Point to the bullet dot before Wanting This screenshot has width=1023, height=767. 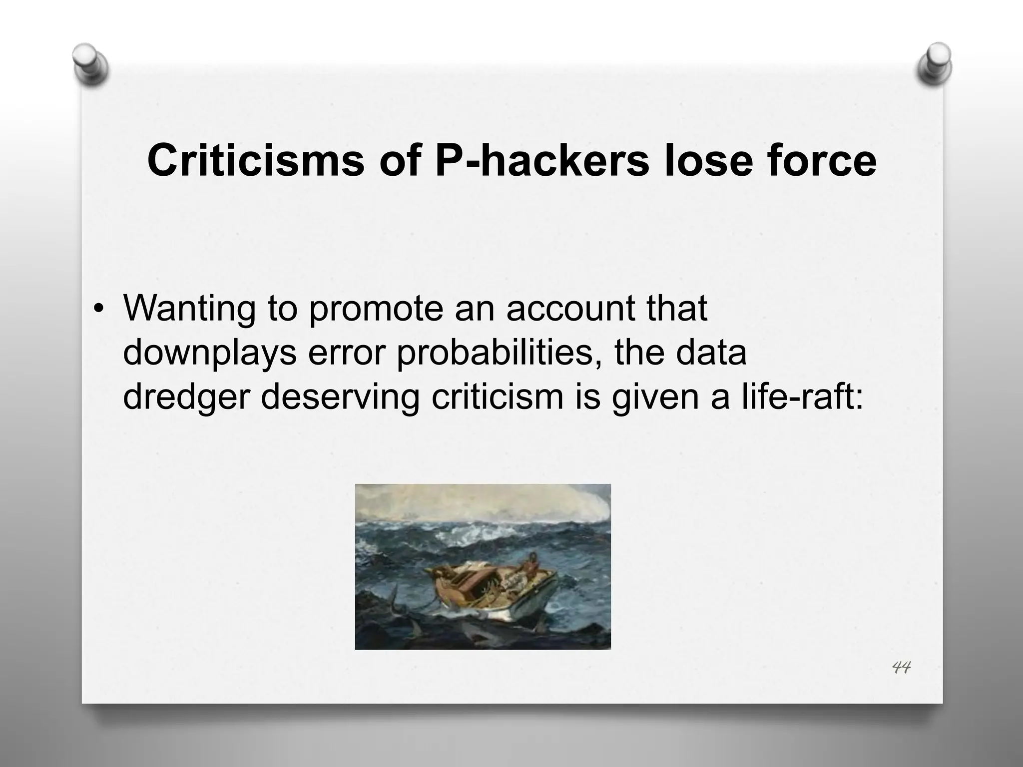click(100, 309)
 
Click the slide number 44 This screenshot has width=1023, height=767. click(901, 667)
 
